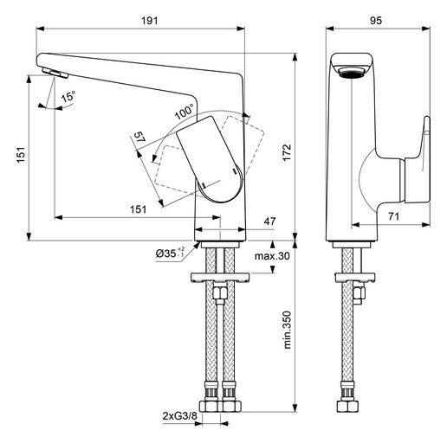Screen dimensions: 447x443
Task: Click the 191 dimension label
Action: [x=150, y=21]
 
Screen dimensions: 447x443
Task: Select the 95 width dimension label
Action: [x=376, y=21]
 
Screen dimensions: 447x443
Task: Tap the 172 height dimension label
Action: [x=287, y=152]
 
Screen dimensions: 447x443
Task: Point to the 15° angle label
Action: [x=68, y=96]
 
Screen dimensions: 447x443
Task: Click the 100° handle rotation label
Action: [x=185, y=112]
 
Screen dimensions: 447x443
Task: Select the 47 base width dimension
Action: [x=269, y=221]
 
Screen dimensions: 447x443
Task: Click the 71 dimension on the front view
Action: [x=393, y=216]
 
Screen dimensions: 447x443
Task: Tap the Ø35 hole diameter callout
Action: [x=170, y=254]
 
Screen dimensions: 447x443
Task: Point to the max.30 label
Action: [x=272, y=256]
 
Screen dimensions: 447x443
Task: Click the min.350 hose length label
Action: [x=287, y=330]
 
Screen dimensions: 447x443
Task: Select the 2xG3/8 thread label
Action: [x=179, y=416]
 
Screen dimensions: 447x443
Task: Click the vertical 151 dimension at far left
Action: [x=21, y=155]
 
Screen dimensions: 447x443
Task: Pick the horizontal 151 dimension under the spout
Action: [x=138, y=209]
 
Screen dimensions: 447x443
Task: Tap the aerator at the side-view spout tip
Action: [x=55, y=73]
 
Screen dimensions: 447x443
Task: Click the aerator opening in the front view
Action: [x=352, y=73]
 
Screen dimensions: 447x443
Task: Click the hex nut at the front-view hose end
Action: [x=348, y=406]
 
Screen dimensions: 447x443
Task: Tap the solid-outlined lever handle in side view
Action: [x=211, y=159]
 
